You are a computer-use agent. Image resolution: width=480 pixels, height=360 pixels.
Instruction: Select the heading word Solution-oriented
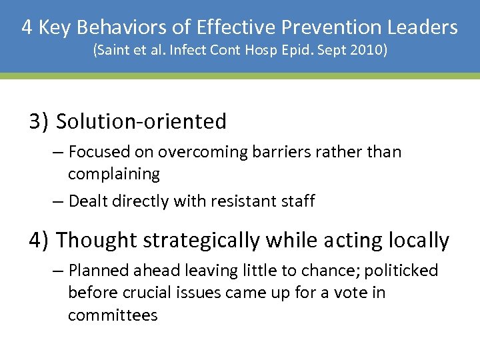tap(141, 121)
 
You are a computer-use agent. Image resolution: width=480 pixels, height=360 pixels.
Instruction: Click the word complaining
tap(114, 174)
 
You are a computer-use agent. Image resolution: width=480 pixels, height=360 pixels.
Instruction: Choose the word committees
tap(113, 314)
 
